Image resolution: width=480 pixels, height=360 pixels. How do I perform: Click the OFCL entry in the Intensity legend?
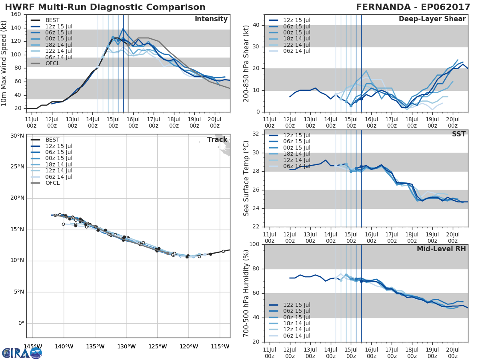(52, 63)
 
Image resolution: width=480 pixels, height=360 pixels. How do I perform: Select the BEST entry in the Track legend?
(52, 140)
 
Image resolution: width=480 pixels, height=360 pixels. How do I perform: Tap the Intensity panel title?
(211, 19)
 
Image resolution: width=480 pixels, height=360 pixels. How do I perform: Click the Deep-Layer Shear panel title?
(432, 19)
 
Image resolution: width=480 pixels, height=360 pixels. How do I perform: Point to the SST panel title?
(458, 134)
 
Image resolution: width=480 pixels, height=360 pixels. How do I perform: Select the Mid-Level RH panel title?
(441, 249)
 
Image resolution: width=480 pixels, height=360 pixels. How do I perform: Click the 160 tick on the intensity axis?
(16, 14)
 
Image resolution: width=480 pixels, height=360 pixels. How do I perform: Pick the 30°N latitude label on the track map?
(17, 136)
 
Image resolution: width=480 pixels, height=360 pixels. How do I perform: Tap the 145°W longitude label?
(33, 346)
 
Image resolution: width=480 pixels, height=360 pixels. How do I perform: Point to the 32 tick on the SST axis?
(257, 134)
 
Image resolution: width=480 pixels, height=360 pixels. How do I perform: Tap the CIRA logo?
(22, 353)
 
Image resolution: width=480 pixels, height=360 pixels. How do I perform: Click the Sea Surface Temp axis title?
(246, 178)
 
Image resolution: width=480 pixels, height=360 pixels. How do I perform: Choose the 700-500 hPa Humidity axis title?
(246, 293)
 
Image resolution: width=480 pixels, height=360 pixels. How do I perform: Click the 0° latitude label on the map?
(21, 323)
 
